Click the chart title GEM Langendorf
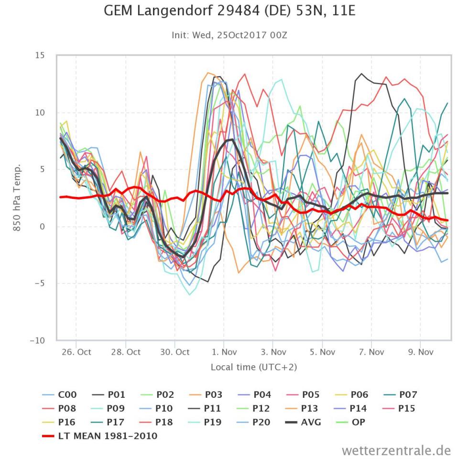(229, 11)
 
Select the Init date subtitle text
(229, 35)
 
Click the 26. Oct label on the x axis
(76, 352)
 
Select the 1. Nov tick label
(224, 352)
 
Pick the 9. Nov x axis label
(420, 352)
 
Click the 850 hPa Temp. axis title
(17, 197)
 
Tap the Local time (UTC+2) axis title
(253, 367)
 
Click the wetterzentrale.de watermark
(396, 450)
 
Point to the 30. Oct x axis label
(175, 352)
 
